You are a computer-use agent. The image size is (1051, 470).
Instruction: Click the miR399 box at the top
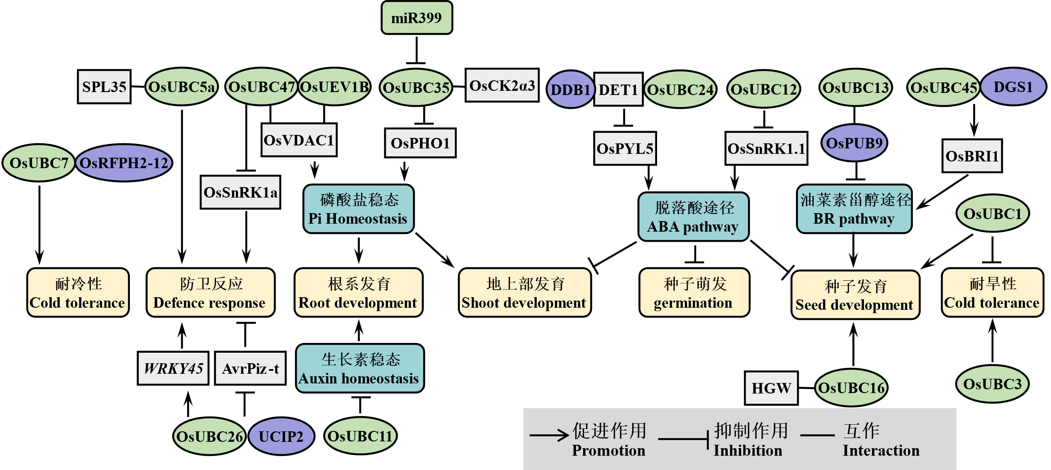(417, 18)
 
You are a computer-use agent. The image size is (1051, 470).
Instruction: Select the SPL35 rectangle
(104, 87)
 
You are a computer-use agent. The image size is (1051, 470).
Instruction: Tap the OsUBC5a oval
(182, 87)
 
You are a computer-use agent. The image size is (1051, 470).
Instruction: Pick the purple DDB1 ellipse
(570, 90)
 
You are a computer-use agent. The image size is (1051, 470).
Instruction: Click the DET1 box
(618, 90)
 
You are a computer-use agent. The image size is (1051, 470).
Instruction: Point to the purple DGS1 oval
(1013, 87)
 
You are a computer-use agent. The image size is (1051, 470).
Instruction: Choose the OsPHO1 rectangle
(420, 143)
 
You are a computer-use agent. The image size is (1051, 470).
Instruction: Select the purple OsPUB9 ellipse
(854, 143)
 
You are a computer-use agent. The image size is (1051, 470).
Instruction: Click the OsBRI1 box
(972, 156)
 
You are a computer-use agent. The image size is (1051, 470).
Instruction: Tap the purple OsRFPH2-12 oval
(124, 163)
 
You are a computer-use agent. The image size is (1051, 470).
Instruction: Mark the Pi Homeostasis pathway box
(358, 209)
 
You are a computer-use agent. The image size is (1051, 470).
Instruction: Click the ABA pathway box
(693, 217)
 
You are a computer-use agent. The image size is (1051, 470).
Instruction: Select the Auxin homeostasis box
(359, 368)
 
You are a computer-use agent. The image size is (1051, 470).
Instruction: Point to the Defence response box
(210, 293)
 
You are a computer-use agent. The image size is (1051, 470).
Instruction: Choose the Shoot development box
(525, 293)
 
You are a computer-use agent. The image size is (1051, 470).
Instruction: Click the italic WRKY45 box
(173, 368)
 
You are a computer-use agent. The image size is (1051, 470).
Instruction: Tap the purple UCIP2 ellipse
(281, 436)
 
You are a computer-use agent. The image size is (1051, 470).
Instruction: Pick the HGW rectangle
(771, 388)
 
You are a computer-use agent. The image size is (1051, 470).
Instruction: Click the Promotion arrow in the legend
(549, 435)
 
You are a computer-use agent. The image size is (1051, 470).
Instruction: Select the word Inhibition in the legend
(747, 451)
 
